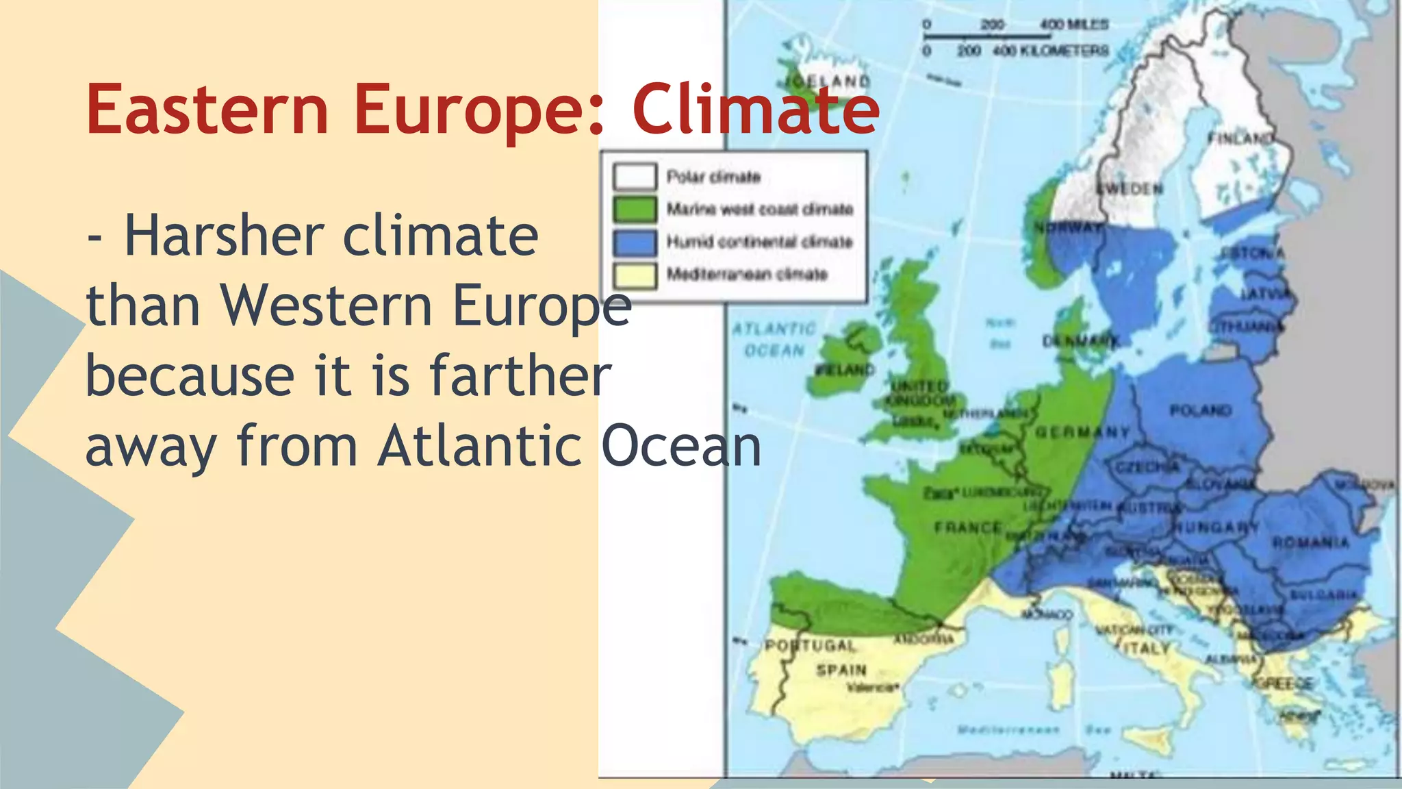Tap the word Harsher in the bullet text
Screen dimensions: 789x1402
(224, 236)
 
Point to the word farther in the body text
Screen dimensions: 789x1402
(520, 376)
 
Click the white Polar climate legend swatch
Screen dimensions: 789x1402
(635, 176)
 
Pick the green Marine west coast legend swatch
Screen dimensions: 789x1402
(635, 209)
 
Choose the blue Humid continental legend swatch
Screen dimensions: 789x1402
(635, 242)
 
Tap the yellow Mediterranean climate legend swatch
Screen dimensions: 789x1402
(635, 275)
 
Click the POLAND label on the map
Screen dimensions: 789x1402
(1201, 410)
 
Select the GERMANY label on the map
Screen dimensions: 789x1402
(1082, 432)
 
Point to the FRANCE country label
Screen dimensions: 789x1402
(968, 527)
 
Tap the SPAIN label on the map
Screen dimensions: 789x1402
(841, 670)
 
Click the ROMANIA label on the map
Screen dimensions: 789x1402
(1310, 542)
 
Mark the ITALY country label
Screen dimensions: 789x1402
(1147, 647)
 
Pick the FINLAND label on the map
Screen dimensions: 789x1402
(1240, 138)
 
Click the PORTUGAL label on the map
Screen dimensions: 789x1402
(811, 645)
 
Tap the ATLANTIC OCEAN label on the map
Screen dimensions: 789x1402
(774, 340)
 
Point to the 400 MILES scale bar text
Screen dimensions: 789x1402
(1074, 25)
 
